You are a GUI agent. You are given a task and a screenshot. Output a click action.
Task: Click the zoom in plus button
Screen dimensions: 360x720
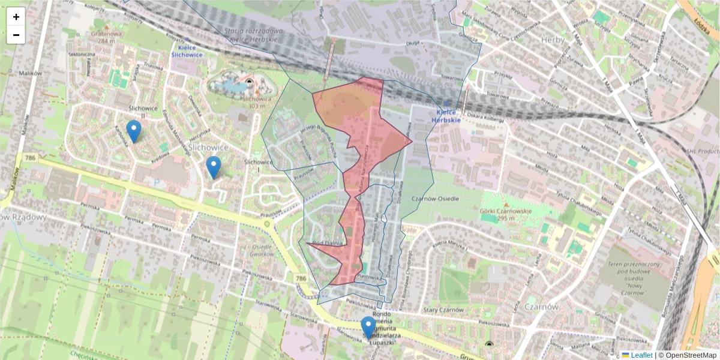16,17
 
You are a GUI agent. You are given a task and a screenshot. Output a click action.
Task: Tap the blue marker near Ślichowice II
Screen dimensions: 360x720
134,131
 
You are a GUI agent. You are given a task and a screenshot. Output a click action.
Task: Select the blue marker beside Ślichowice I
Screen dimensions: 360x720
213,167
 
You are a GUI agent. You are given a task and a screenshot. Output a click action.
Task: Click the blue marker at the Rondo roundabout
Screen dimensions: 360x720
368,327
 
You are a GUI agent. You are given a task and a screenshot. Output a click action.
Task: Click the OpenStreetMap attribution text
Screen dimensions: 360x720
690,355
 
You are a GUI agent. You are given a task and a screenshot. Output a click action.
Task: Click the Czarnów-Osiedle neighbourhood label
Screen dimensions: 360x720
435,199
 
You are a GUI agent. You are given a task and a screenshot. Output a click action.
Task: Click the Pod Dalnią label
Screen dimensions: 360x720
326,242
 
